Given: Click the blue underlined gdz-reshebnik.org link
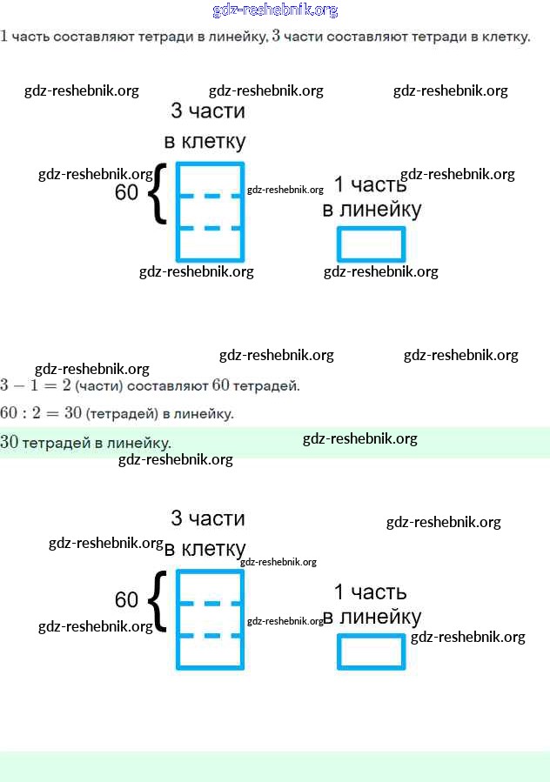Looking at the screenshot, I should click(x=275, y=10).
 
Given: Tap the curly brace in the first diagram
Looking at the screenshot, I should click(x=157, y=193).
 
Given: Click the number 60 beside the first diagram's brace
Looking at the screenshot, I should click(x=127, y=192).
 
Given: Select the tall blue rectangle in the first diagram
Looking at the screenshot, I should click(x=210, y=211).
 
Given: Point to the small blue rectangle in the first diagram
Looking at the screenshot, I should click(x=372, y=244).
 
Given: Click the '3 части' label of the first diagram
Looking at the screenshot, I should click(x=208, y=111).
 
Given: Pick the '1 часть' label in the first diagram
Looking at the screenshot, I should click(x=370, y=184).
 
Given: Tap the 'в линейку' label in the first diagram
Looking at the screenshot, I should click(x=372, y=210).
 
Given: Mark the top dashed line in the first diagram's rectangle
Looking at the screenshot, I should click(x=210, y=197).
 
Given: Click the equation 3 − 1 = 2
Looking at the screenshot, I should click(x=36, y=385).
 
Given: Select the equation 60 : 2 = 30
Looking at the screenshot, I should click(x=41, y=413).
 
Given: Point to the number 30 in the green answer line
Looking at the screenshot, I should click(x=10, y=442).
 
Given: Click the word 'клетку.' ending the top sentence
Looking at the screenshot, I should click(x=506, y=37).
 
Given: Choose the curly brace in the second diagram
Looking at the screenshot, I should click(x=157, y=601).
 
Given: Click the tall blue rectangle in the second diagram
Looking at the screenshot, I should click(x=210, y=618).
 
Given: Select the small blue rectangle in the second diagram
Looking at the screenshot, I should click(x=372, y=652).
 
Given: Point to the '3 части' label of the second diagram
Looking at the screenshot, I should click(x=208, y=518).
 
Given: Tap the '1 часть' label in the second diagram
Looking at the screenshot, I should click(x=370, y=592).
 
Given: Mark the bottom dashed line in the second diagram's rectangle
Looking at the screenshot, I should click(x=210, y=636).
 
